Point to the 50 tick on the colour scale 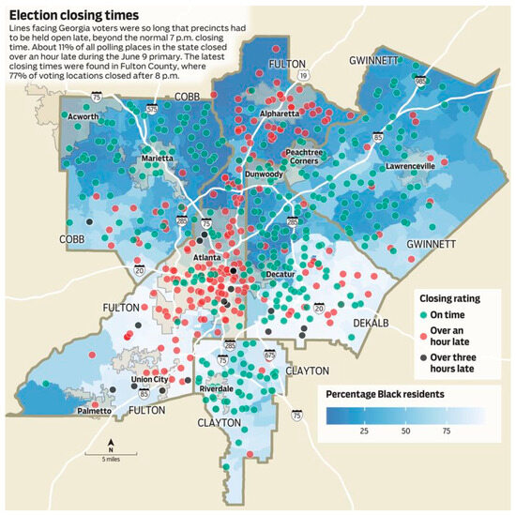pos(405,433)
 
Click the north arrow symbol pos(111,444)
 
